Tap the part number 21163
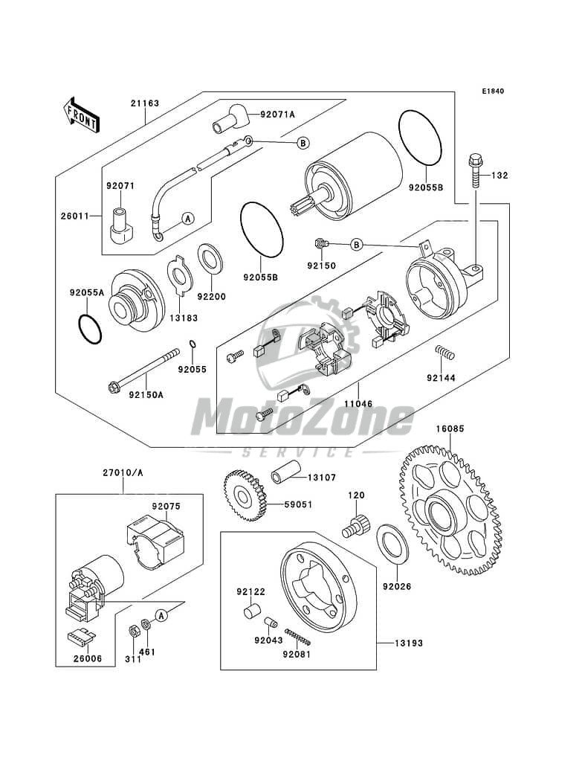[144, 103]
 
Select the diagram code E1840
[493, 91]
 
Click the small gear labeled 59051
[245, 495]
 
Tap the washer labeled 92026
[392, 544]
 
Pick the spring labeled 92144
[444, 353]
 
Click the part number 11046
[358, 403]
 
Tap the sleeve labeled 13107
[286, 472]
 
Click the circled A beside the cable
[188, 219]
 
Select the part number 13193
[408, 643]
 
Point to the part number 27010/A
[123, 472]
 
